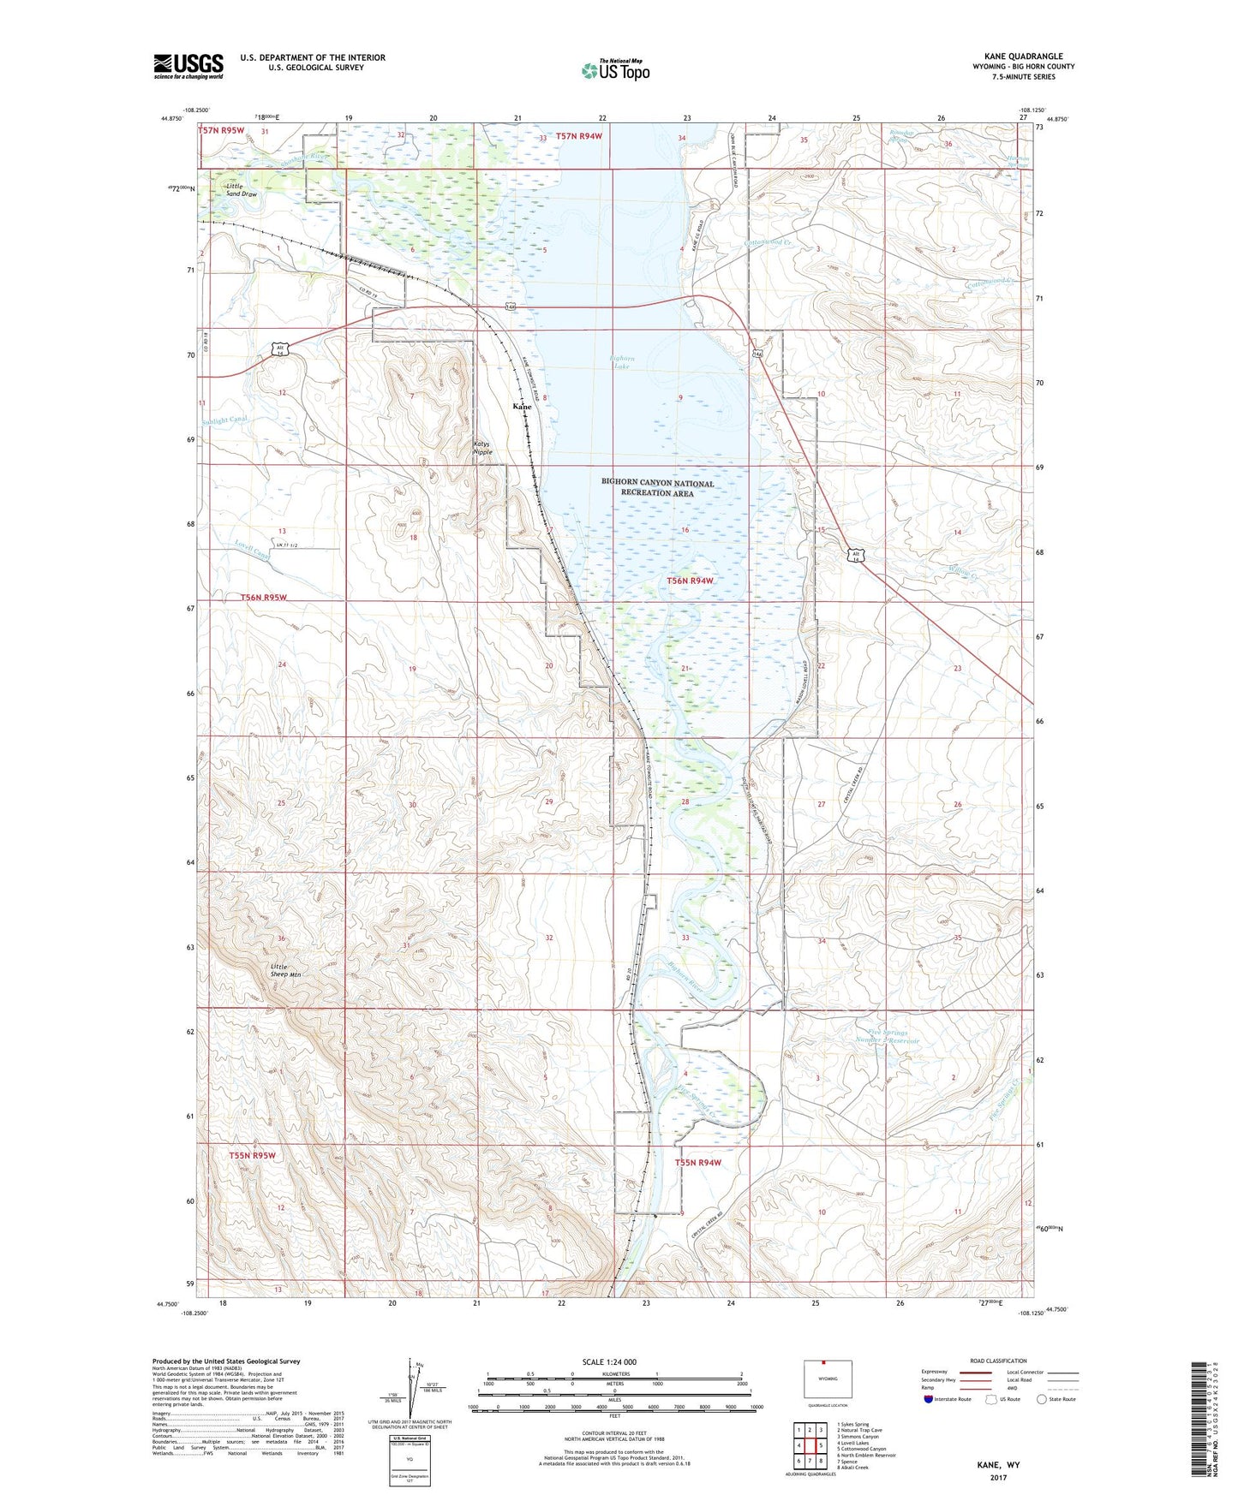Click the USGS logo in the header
188,66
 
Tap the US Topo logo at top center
615,70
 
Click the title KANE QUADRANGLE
1017,57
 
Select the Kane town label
522,407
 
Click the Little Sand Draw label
241,190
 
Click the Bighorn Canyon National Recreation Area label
657,488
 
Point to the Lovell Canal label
251,551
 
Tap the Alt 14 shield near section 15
855,553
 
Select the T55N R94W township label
698,1163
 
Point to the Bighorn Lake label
622,362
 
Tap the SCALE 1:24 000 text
609,1361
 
